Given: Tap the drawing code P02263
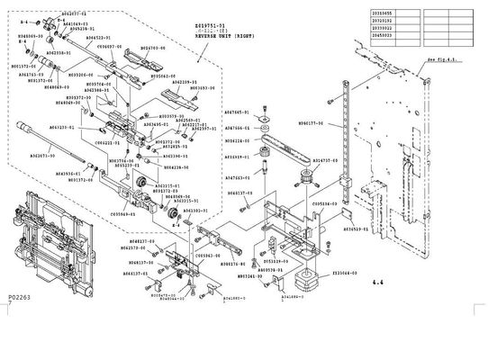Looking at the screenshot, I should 19,346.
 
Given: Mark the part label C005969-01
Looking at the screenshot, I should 123,215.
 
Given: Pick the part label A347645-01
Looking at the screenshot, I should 236,113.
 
